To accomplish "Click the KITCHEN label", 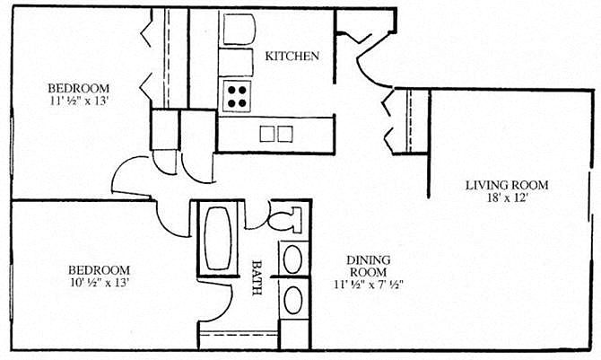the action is [292, 56].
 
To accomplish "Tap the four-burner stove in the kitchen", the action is [237, 95].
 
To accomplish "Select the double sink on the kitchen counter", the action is [275, 134].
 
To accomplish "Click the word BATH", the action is [257, 278].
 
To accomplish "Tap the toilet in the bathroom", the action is [288, 218].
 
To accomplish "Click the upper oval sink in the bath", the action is [293, 259].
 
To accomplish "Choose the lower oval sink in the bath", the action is [293, 299].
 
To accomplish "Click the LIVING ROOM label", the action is [507, 186].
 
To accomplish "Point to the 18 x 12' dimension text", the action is [507, 199].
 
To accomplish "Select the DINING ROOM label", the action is [367, 266].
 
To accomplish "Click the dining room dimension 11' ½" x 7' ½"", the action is [368, 285].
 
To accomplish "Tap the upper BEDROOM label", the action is [78, 88].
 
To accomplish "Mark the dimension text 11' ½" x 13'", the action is [78, 101].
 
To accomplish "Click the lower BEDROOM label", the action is [99, 269].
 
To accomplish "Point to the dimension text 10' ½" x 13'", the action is [99, 285].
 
